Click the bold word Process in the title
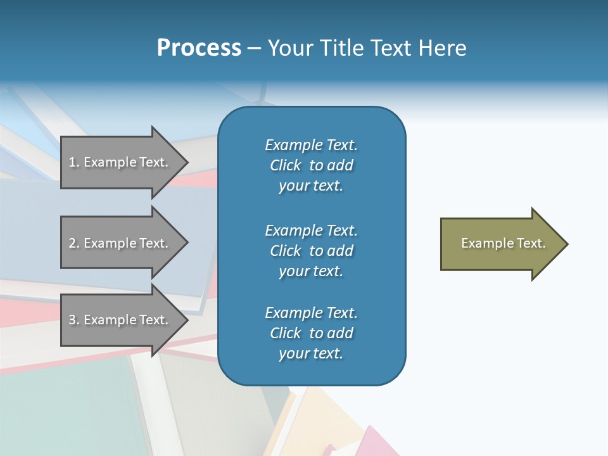click(199, 48)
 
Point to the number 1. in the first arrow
click(74, 162)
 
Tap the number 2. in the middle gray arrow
click(74, 243)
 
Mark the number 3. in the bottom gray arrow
click(74, 320)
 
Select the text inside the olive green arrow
click(503, 243)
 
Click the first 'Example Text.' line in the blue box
click(311, 145)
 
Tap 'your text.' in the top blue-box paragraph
click(311, 186)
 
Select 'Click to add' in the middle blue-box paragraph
click(311, 251)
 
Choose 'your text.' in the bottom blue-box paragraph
click(311, 353)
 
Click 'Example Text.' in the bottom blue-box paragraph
click(311, 313)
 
